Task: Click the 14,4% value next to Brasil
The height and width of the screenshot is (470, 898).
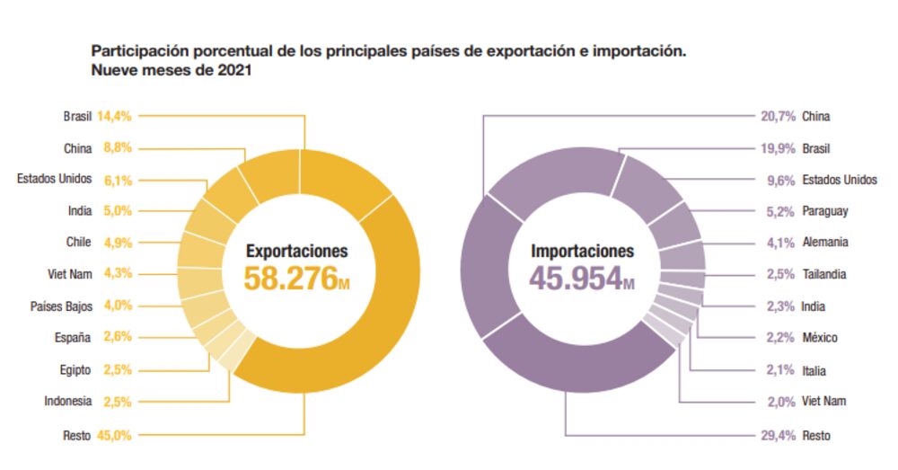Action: (114, 116)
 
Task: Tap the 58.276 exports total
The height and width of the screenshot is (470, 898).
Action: (289, 278)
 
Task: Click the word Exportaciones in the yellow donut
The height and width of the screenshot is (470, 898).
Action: (297, 252)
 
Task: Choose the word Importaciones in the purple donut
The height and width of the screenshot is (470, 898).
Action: (582, 252)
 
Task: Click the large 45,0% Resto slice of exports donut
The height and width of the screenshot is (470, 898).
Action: (377, 324)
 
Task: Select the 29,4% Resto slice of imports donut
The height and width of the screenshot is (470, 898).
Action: (575, 377)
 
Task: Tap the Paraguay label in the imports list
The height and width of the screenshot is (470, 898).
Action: (825, 211)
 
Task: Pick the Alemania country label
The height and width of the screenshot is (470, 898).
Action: (825, 243)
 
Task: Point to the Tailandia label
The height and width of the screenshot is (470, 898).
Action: (824, 274)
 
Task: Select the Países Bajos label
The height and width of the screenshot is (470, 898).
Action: (61, 306)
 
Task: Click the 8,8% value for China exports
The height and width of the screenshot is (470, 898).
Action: (118, 147)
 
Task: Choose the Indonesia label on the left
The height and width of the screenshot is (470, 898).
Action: (67, 401)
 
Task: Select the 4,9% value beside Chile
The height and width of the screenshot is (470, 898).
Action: (118, 243)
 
